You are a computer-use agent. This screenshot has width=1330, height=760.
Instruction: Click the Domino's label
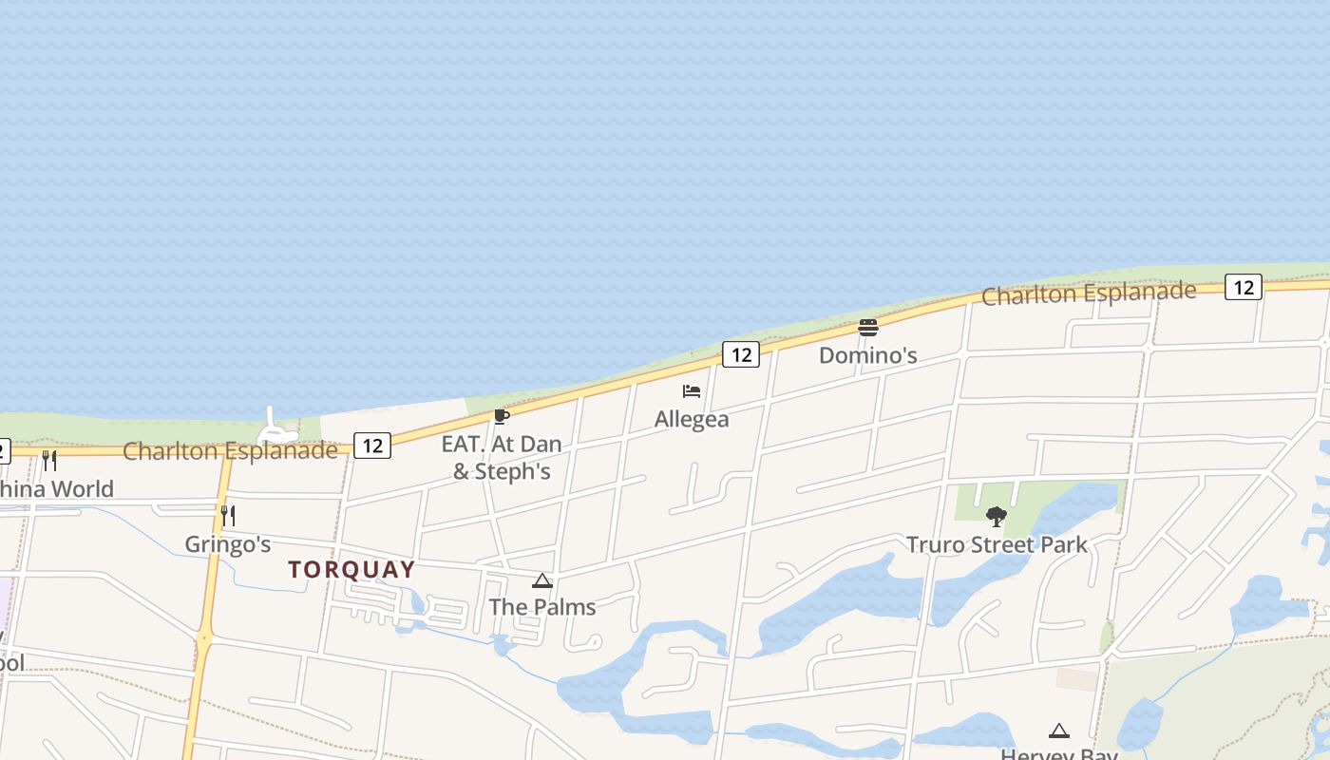point(867,355)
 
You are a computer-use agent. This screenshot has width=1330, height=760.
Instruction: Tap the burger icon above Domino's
point(867,328)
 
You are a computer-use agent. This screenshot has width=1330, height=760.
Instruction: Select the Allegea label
point(692,419)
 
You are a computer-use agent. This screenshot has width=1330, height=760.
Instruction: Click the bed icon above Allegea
point(692,391)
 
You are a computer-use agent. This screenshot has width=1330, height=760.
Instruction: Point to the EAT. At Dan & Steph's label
point(501,457)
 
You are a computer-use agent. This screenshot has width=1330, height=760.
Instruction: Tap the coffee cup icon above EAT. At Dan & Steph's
point(501,416)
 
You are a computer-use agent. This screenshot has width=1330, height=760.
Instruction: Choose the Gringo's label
point(227,544)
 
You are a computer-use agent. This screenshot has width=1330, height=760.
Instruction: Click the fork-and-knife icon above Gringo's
point(228,516)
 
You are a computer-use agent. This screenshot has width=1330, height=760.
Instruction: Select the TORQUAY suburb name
point(351,570)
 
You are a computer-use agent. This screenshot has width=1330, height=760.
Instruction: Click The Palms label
point(541,607)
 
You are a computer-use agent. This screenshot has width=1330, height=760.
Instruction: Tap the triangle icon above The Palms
point(542,580)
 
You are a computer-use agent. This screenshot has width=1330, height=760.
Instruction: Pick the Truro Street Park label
point(996,544)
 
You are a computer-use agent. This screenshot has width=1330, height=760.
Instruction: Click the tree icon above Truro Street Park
point(996,517)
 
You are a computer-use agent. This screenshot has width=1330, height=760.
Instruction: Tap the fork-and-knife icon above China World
point(49,461)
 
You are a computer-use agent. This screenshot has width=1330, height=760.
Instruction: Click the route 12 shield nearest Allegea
point(741,354)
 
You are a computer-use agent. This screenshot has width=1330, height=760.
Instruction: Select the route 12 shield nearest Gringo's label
point(372,445)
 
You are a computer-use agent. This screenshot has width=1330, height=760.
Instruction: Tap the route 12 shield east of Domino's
point(1243,286)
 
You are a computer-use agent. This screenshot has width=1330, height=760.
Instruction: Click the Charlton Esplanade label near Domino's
point(1088,294)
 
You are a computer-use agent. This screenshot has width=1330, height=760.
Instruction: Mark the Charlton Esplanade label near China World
point(230,450)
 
